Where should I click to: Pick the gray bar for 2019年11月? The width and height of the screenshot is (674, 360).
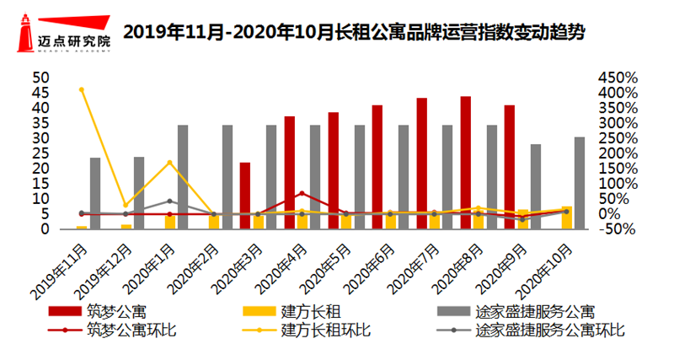(x=95, y=193)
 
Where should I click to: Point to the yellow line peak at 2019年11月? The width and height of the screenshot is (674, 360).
(x=82, y=89)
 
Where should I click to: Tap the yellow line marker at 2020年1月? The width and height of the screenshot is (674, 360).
(x=169, y=163)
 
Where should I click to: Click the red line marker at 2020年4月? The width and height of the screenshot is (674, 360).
(x=302, y=194)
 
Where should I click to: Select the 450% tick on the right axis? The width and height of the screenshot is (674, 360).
(x=619, y=78)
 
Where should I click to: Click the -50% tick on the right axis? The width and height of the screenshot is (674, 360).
(x=619, y=229)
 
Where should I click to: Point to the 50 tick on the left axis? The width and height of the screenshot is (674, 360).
(x=41, y=78)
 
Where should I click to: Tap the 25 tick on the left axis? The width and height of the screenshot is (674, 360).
(x=41, y=153)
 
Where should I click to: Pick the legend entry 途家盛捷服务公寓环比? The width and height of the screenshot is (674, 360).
(x=539, y=330)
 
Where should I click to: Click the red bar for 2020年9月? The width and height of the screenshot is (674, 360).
(x=509, y=167)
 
